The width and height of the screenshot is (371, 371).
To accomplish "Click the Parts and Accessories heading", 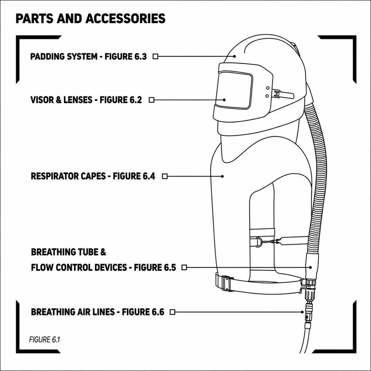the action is click(90, 18).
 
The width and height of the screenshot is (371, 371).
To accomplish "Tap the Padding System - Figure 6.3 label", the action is click(88, 57).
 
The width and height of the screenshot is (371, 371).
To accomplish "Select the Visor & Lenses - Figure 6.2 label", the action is click(86, 100).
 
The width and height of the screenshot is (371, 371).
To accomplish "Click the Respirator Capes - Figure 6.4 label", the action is click(93, 176).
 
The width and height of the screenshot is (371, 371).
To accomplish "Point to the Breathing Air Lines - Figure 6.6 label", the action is click(98, 312).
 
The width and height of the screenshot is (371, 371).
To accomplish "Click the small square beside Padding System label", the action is click(155, 57).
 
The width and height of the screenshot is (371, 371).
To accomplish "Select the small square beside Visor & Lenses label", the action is click(151, 100).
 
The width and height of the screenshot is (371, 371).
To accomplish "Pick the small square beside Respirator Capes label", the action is click(164, 176).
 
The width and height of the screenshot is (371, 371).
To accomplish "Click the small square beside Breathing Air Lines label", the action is click(172, 312).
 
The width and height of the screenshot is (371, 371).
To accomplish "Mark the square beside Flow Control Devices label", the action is click(184, 267).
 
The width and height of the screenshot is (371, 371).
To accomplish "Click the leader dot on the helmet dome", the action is click(234, 57).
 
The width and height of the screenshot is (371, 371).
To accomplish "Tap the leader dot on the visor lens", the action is click(224, 100).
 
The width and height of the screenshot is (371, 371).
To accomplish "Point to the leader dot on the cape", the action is click(222, 176).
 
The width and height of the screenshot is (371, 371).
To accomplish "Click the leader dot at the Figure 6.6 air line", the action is click(302, 312).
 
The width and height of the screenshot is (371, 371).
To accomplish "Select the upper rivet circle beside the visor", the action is click(268, 88).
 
